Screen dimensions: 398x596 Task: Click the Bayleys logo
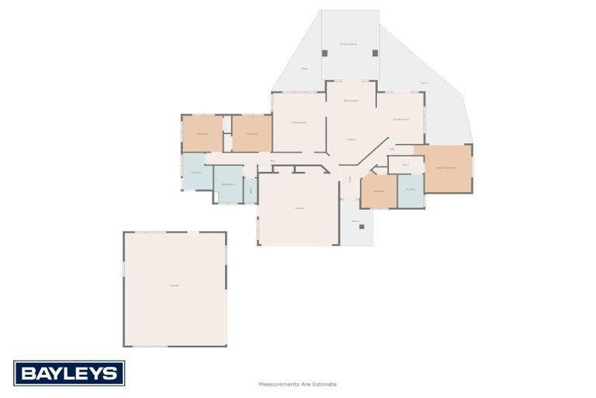(68, 373)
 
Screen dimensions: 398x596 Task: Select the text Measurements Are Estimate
(298, 384)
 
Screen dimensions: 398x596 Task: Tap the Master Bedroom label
(446, 168)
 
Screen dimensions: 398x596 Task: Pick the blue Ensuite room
(411, 190)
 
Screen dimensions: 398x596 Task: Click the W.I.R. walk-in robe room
(406, 165)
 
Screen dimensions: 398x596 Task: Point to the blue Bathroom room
(228, 184)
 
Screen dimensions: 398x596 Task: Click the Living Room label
(299, 123)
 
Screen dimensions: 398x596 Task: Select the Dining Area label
(351, 101)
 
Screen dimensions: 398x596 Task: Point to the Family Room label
(400, 119)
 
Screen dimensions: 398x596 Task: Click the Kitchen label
(351, 139)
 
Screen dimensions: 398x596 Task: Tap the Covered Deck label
(348, 44)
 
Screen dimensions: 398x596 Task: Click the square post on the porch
(361, 227)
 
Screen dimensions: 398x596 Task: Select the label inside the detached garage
(175, 285)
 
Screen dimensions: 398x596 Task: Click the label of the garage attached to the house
(299, 208)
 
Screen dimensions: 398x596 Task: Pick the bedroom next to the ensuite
(379, 191)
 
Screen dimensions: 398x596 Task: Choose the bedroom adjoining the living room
(252, 134)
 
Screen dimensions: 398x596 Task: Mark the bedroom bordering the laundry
(203, 134)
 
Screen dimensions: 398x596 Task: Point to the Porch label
(355, 222)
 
